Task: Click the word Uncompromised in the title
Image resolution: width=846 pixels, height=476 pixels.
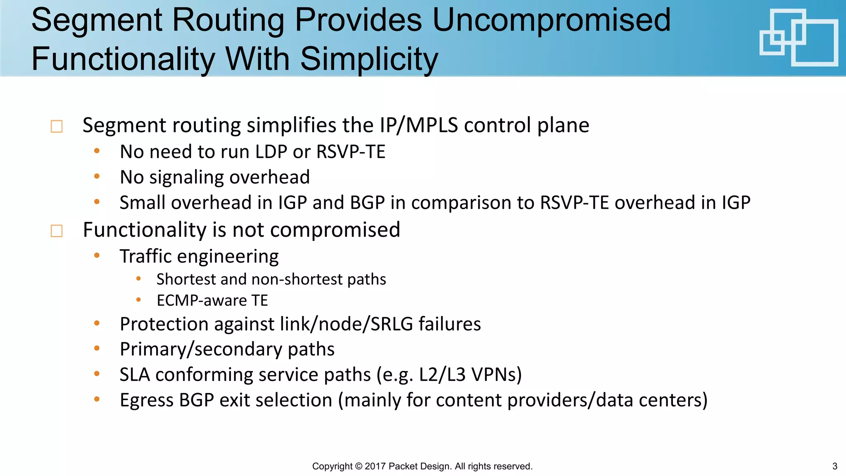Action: pyautogui.click(x=551, y=21)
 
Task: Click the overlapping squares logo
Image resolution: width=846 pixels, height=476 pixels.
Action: pyautogui.click(x=798, y=38)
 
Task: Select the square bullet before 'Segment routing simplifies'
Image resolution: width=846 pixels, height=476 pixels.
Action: pyautogui.click(x=57, y=126)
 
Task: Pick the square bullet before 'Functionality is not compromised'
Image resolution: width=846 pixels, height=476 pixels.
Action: pyautogui.click(x=57, y=231)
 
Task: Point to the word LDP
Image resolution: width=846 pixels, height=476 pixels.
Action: pyautogui.click(x=271, y=152)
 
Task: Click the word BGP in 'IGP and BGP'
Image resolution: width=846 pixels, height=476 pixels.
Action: pyautogui.click(x=367, y=203)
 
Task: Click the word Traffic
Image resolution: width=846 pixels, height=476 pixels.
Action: pyautogui.click(x=145, y=257)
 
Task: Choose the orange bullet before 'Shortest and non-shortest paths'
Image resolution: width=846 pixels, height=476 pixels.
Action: pyautogui.click(x=139, y=279)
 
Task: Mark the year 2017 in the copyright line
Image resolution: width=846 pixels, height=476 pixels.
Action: pyautogui.click(x=375, y=466)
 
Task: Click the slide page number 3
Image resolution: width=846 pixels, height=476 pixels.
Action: pyautogui.click(x=834, y=466)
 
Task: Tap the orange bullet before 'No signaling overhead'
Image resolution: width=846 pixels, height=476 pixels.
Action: pyautogui.click(x=97, y=176)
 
